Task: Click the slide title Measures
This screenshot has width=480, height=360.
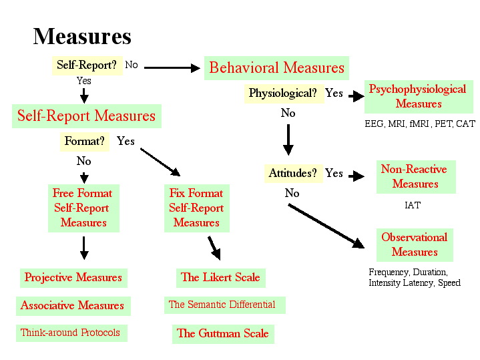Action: click(82, 36)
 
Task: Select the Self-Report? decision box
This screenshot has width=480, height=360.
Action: click(86, 65)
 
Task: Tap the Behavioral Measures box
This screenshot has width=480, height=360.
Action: click(276, 67)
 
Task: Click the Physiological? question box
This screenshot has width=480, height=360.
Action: click(282, 93)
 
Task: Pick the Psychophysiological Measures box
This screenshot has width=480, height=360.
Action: click(418, 96)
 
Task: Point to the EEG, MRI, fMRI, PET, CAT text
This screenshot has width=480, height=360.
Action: click(419, 124)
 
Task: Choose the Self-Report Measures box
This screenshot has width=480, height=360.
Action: click(86, 116)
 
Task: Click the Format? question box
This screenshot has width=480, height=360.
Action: click(85, 141)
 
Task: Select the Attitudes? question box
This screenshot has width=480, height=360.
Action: click(292, 173)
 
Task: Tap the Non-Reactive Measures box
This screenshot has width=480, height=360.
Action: click(415, 176)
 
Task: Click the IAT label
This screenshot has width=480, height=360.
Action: click(413, 205)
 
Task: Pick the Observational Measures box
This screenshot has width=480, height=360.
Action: click(414, 244)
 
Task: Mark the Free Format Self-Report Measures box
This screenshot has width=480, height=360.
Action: click(83, 208)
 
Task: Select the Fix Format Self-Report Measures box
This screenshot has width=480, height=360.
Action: click(196, 208)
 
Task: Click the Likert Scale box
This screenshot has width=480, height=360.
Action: click(220, 277)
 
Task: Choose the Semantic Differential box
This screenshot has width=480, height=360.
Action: click(222, 305)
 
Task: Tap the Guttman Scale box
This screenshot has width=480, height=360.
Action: click(222, 333)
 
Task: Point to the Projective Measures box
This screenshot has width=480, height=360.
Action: click(73, 277)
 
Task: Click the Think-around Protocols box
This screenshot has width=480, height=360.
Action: click(70, 332)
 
